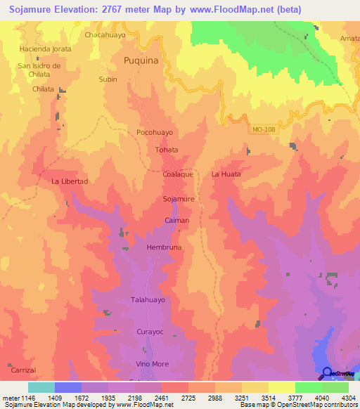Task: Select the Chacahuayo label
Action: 104,34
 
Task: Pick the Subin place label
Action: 108,79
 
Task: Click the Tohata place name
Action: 167,150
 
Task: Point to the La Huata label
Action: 226,174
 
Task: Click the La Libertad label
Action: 70,181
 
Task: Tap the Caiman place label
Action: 176,221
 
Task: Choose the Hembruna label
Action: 165,248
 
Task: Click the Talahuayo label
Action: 148,299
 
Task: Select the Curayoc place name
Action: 149,331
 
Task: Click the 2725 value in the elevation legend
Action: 187,398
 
